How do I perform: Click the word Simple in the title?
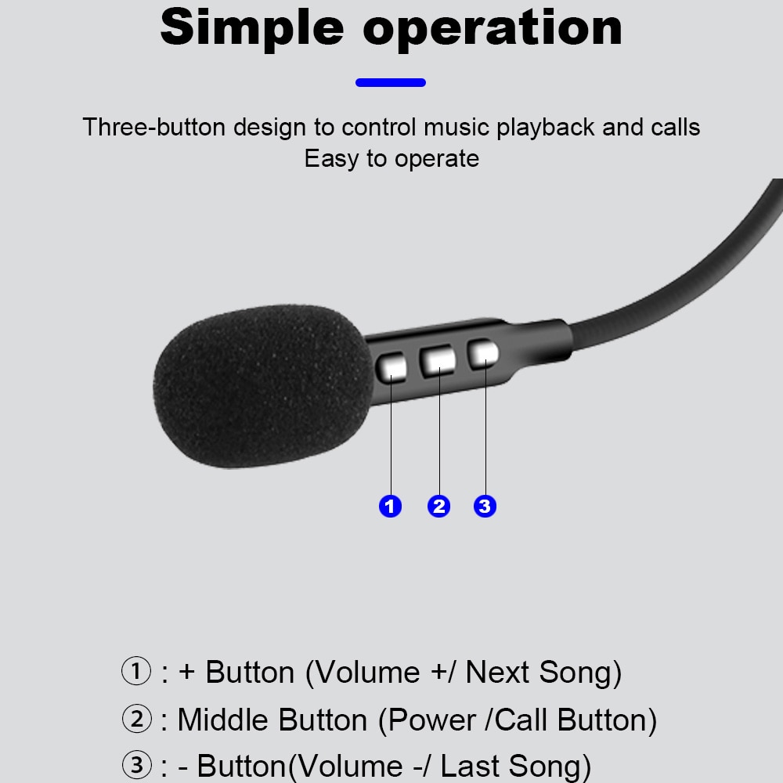[252, 27]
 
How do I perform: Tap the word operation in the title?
[493, 28]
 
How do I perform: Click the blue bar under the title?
[391, 82]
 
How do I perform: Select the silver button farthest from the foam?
[483, 354]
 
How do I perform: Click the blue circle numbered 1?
[390, 507]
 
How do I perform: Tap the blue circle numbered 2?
[438, 507]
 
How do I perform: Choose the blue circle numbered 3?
[485, 507]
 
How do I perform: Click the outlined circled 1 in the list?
[136, 672]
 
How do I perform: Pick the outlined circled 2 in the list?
[136, 719]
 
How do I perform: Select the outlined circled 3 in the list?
[136, 765]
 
